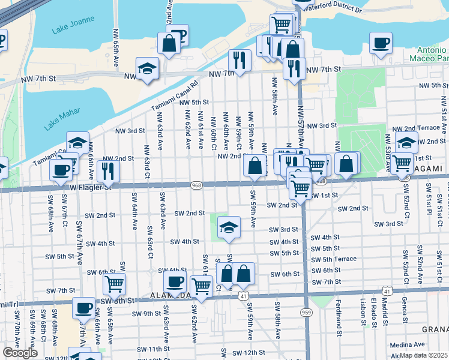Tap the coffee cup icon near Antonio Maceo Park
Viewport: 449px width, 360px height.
coord(381,43)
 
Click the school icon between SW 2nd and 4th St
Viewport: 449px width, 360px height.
coord(228,227)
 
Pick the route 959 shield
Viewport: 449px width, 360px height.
coord(307,312)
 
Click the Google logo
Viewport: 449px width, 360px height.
coord(20,353)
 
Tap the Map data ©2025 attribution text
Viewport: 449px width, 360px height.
coord(424,355)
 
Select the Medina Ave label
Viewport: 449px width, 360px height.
coord(408,345)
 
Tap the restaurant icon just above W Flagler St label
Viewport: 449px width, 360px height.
coord(108,171)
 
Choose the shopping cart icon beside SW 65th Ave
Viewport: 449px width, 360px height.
coord(114,284)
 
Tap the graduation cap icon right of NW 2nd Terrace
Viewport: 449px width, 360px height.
coord(406,143)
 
